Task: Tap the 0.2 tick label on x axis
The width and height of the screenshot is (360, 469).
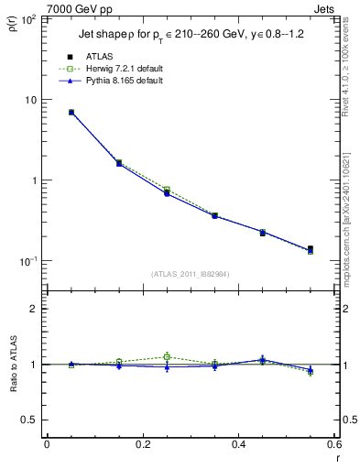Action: click(142, 445)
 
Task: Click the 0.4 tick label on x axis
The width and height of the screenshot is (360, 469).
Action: click(238, 445)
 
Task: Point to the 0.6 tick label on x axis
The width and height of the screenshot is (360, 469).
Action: click(333, 445)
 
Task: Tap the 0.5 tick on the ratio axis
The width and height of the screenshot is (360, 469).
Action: click(29, 420)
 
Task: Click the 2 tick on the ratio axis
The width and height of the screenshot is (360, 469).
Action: click(33, 309)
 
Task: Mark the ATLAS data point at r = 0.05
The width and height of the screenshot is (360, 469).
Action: click(71, 113)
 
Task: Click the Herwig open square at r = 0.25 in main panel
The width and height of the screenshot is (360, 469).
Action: click(167, 190)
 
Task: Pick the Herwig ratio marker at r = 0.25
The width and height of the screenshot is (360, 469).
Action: click(167, 356)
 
